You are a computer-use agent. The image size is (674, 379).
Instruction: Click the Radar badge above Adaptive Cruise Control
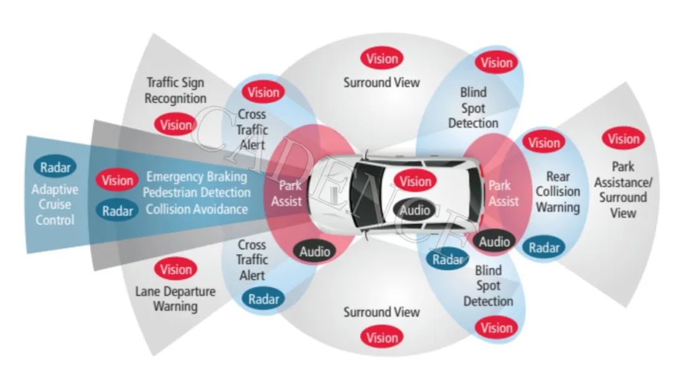pos(56,167)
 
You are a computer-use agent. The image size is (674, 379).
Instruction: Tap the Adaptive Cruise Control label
pos(56,205)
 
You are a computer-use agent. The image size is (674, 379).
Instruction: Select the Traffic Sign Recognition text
pos(175,91)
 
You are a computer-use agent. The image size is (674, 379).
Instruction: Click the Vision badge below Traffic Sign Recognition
pos(176,124)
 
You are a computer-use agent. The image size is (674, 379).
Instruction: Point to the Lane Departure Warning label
pos(175,298)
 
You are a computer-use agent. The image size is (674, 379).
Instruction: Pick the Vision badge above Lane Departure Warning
pos(176,269)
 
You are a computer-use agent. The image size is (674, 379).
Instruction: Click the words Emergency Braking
pos(197,177)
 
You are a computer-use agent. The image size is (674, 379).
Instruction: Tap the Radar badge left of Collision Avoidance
pos(118,210)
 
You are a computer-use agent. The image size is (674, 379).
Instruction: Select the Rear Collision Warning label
pos(558,192)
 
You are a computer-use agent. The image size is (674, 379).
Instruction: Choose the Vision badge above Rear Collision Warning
pos(544,142)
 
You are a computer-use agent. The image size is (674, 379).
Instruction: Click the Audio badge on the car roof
pos(415,210)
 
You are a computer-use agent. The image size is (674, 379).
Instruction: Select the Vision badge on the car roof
pos(416,182)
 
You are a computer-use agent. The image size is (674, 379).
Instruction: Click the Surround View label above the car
pos(382,82)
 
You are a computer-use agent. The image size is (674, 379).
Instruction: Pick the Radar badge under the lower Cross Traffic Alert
pos(263,298)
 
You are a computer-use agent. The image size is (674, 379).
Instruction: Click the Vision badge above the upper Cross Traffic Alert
pos(263,92)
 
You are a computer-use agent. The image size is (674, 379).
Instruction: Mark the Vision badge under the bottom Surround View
pos(382,338)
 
